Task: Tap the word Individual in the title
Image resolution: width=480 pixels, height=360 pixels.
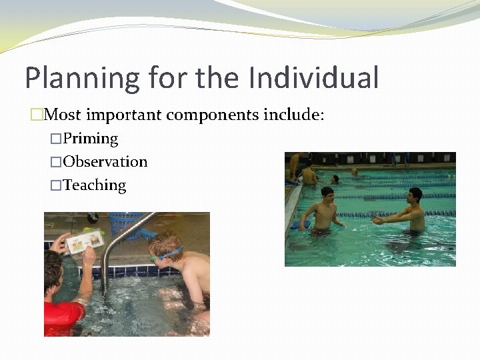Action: pos(313,77)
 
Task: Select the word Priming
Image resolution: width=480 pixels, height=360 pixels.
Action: pos(90,139)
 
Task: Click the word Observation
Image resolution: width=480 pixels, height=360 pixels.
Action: pos(105,162)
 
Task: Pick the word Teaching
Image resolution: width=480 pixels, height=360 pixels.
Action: pos(94,185)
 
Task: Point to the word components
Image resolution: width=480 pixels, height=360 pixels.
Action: pos(212,115)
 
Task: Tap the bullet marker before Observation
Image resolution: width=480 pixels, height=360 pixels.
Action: pos(56,162)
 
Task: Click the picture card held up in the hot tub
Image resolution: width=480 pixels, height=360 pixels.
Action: pos(85,241)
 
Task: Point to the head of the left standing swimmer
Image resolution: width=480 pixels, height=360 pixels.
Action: pos(327,194)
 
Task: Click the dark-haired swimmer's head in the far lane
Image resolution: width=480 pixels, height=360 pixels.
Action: pos(335,179)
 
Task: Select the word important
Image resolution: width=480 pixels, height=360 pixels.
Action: pos(124,115)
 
